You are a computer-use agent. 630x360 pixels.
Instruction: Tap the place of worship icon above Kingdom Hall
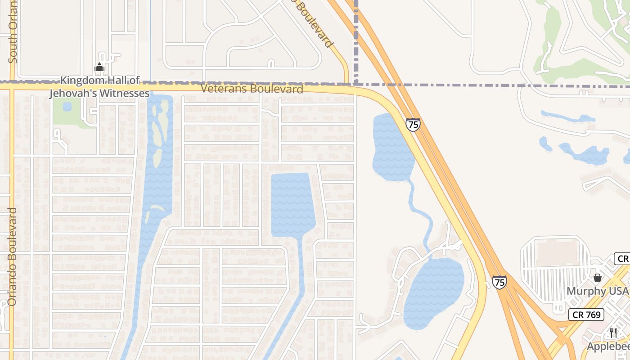99,68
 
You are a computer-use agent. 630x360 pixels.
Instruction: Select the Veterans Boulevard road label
252,89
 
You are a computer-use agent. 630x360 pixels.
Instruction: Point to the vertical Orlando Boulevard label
12,256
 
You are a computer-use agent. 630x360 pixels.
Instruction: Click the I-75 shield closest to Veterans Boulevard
413,124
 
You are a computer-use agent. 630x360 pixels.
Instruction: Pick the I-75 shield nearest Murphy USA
499,282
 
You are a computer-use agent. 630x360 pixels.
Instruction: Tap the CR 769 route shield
588,315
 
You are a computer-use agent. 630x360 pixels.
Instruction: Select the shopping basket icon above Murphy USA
598,278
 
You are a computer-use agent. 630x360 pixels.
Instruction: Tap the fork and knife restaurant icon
613,333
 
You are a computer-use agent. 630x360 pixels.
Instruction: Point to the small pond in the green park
67,107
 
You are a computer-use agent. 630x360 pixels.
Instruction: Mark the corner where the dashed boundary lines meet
356,84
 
